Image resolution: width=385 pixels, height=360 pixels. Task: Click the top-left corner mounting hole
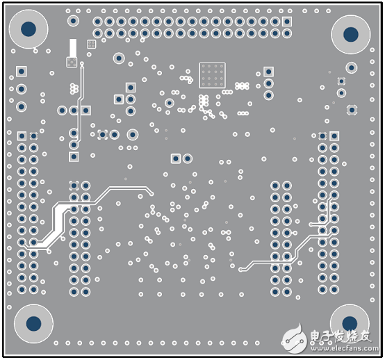click(x=28, y=29)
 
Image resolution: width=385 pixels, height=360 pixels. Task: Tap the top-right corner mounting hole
click(x=351, y=34)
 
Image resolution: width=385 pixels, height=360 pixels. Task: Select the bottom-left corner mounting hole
click(x=33, y=323)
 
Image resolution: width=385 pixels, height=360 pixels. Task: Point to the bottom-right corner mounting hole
click(x=349, y=323)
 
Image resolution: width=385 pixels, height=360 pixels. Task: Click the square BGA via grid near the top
click(x=212, y=74)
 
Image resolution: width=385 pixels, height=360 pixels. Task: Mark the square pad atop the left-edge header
click(x=22, y=136)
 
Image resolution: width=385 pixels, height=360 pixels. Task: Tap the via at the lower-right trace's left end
click(x=241, y=268)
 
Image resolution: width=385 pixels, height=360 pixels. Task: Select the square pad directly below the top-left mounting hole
click(x=22, y=72)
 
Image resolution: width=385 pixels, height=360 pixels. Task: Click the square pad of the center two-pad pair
click(x=175, y=158)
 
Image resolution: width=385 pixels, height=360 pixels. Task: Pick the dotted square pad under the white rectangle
click(x=71, y=63)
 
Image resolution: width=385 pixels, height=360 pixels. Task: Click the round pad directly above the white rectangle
click(x=73, y=22)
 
